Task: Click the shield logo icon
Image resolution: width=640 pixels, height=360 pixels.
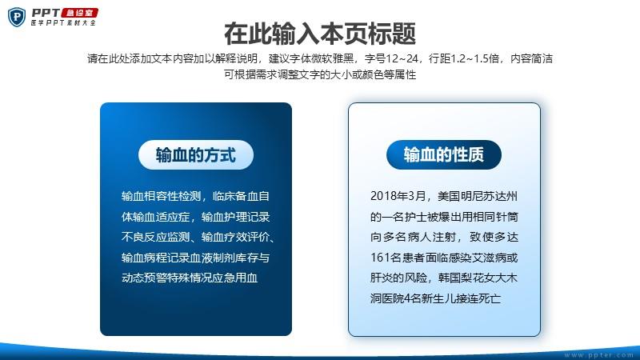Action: [x=17, y=17]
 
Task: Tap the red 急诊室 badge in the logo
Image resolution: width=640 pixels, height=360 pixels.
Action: [x=79, y=13]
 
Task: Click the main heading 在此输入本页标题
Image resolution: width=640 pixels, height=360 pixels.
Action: [x=320, y=34]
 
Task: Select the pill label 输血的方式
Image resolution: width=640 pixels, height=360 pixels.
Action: [x=196, y=154]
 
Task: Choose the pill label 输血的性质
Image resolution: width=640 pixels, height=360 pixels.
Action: [x=444, y=154]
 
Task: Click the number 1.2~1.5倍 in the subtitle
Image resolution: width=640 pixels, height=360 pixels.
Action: [x=474, y=58]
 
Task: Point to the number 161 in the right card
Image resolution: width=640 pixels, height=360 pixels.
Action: [x=379, y=258]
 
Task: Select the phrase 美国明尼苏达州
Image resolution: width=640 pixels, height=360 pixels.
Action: [x=478, y=196]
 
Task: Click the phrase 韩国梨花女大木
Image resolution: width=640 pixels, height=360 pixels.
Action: [x=478, y=278]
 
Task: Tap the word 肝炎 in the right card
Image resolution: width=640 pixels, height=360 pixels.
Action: [x=382, y=278]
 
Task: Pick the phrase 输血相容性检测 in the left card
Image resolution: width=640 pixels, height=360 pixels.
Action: [x=162, y=196]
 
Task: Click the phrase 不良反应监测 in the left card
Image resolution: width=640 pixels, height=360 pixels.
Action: [x=155, y=237]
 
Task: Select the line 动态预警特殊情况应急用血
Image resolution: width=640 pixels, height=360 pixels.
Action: [x=190, y=278]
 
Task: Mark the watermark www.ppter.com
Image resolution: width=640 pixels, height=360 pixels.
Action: [x=598, y=355]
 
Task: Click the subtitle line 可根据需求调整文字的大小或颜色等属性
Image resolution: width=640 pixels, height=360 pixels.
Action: [x=320, y=74]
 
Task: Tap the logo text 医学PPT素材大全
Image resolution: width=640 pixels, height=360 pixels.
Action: [x=63, y=23]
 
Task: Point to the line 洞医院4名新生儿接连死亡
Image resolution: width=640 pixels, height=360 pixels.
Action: [x=435, y=298]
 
